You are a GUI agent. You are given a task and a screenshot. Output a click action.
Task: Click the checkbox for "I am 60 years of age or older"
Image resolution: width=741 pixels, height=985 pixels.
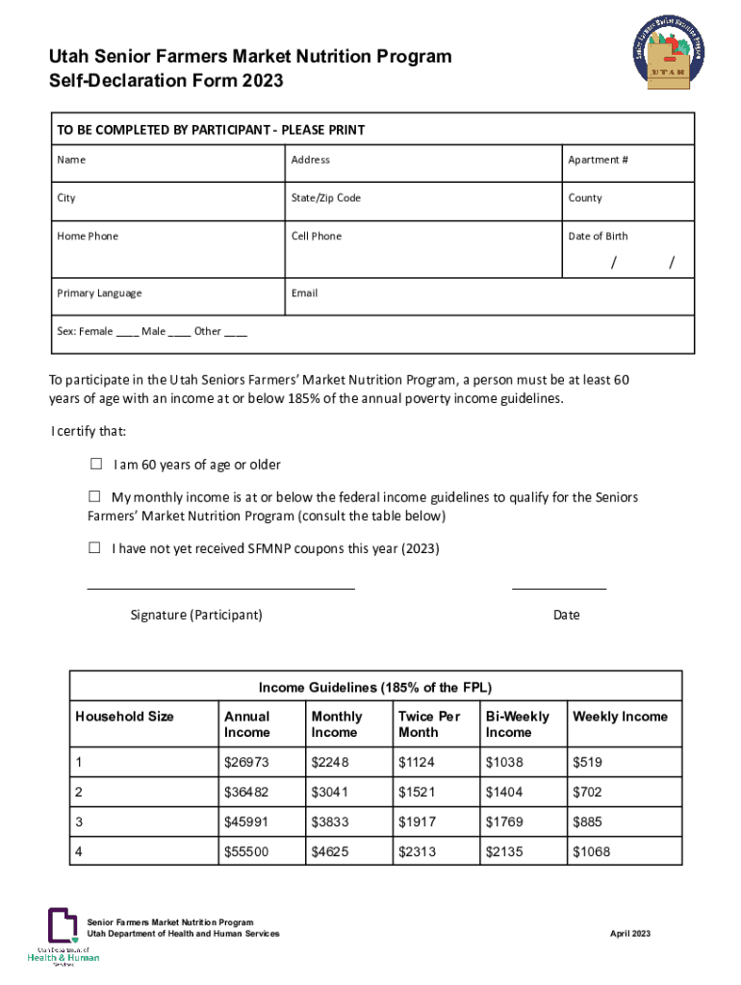click(95, 465)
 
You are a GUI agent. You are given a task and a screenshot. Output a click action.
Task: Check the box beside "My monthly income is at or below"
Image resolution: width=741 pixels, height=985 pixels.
click(94, 497)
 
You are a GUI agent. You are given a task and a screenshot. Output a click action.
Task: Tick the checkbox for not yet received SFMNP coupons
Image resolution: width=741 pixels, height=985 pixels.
click(94, 548)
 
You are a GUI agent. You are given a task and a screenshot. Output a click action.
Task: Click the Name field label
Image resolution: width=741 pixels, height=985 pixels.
click(71, 160)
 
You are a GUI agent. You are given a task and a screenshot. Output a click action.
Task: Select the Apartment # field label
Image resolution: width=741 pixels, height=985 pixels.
click(598, 160)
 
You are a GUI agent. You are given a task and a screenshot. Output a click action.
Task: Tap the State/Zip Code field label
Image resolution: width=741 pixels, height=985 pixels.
click(325, 198)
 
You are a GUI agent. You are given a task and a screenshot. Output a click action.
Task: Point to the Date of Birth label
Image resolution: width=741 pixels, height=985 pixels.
click(598, 237)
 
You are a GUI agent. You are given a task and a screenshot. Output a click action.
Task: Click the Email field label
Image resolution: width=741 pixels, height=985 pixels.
click(304, 293)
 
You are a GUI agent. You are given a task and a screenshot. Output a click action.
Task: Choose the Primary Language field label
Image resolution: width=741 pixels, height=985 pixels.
click(99, 293)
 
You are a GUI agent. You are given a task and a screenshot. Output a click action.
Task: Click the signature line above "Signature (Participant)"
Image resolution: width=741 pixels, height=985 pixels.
click(220, 586)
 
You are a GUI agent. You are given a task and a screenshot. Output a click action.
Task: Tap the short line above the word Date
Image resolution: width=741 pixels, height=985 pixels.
click(558, 586)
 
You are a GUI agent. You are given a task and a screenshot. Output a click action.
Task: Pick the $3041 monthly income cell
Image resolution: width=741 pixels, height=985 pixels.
click(331, 793)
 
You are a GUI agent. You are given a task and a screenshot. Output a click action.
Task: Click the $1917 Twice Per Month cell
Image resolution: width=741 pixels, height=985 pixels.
click(418, 822)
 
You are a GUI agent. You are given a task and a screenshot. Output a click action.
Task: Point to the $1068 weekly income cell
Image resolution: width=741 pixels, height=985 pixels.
click(591, 852)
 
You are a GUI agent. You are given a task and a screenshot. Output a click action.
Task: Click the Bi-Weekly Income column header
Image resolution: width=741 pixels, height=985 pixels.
click(518, 724)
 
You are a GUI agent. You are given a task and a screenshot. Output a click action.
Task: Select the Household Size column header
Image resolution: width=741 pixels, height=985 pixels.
click(125, 717)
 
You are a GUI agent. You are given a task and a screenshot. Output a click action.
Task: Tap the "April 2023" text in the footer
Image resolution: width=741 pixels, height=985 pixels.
click(630, 934)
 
